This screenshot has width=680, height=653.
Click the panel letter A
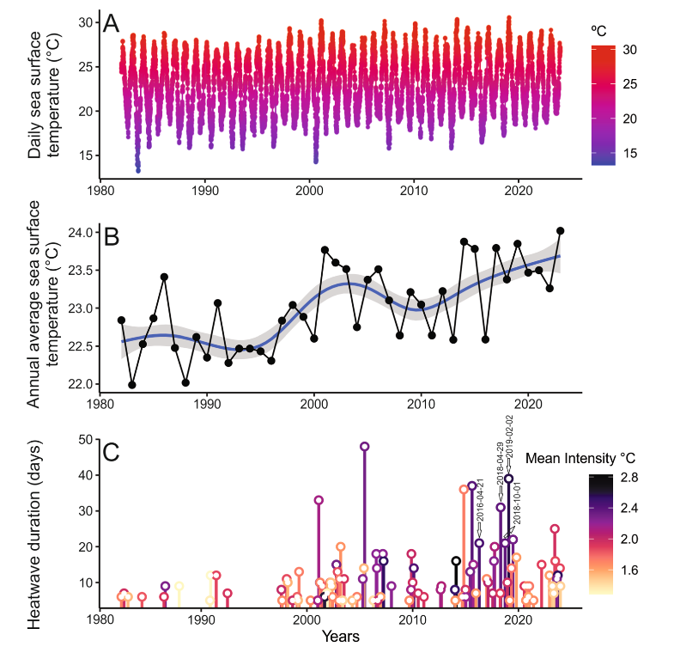[111, 24]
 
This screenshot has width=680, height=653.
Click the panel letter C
[112, 451]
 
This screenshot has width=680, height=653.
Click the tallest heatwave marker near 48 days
[365, 447]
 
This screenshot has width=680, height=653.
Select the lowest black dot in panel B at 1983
[132, 385]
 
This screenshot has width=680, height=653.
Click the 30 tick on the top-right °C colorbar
[628, 51]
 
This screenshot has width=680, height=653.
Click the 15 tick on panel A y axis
[85, 156]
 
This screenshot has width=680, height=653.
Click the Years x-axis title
[341, 637]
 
